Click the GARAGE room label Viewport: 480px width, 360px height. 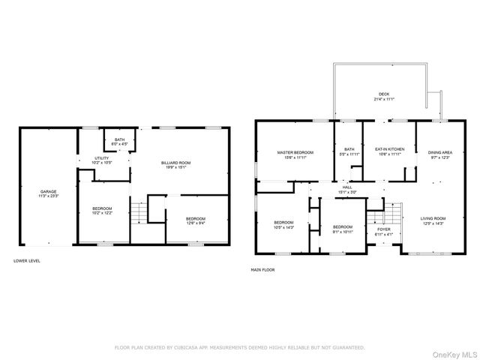click(x=48, y=193)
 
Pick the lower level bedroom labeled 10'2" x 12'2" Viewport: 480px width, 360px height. click(x=102, y=210)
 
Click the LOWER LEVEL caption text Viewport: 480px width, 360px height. click(x=27, y=260)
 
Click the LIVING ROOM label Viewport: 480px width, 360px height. click(x=433, y=220)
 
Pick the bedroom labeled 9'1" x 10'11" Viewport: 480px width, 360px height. click(x=343, y=228)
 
